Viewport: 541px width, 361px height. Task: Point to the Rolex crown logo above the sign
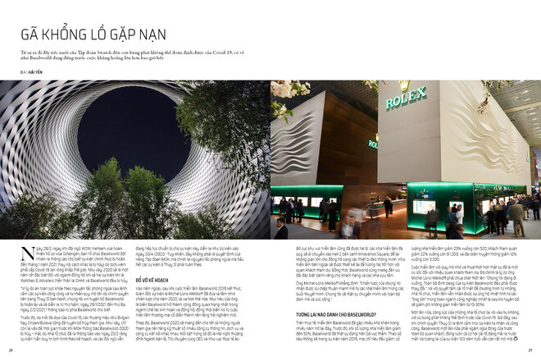tap(404, 85)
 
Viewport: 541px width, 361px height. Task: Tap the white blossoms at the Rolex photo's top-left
tap(287, 90)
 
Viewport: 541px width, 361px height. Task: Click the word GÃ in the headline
tap(31, 34)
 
